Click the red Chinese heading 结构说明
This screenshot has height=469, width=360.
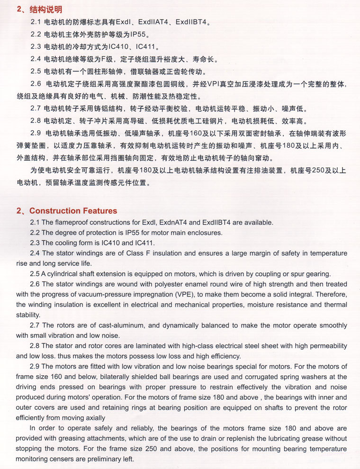(45, 9)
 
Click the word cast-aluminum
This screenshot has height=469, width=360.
(116, 325)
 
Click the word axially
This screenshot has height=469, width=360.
(93, 418)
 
